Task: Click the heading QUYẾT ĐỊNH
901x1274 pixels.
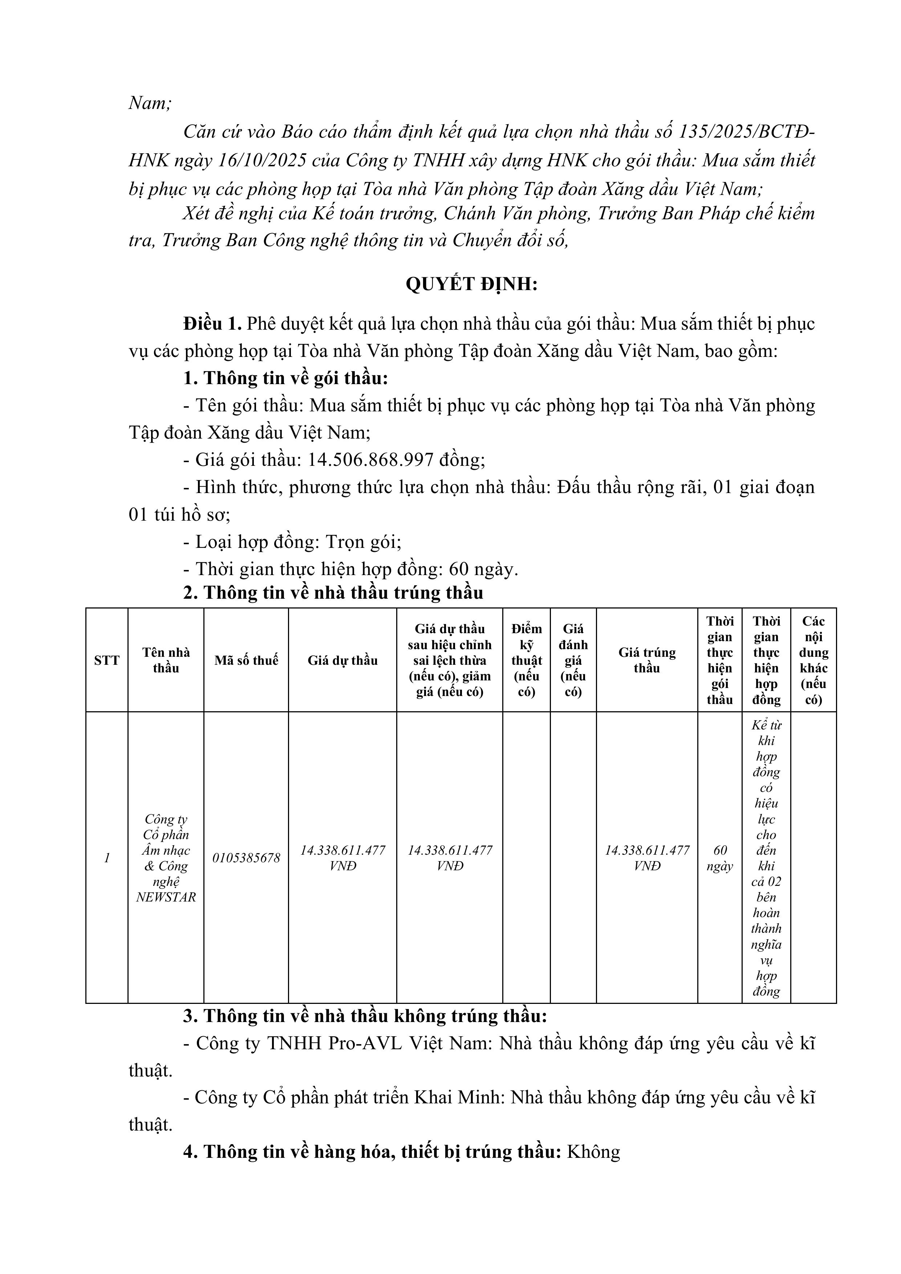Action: [x=471, y=284]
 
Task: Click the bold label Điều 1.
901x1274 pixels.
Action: [x=212, y=323]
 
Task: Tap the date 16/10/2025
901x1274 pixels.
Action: [x=263, y=160]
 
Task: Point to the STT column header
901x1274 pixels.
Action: [x=107, y=660]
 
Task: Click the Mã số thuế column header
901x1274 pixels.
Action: [x=246, y=660]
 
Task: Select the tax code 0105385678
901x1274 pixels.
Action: [x=246, y=858]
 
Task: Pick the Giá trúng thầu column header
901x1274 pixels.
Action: [x=647, y=660]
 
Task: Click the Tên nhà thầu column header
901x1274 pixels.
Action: [x=166, y=660]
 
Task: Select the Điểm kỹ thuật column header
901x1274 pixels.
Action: [x=526, y=660]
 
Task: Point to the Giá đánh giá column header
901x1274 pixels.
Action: [x=573, y=660]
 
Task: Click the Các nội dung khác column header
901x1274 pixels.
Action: [x=813, y=660]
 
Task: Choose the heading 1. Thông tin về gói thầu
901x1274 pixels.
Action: [x=285, y=378]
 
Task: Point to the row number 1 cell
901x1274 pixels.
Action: [x=107, y=858]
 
